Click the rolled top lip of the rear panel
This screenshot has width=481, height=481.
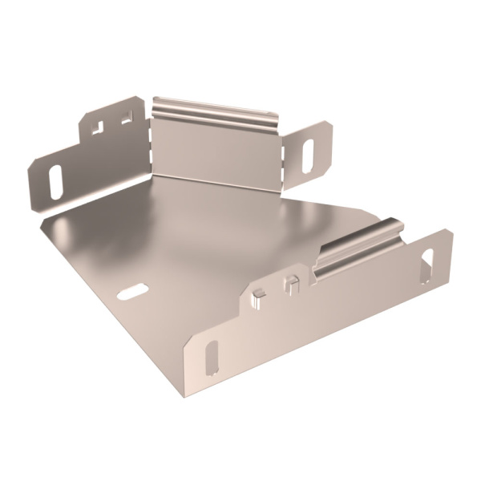[x=215, y=112]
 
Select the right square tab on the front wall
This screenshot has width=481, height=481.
[x=291, y=282]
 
